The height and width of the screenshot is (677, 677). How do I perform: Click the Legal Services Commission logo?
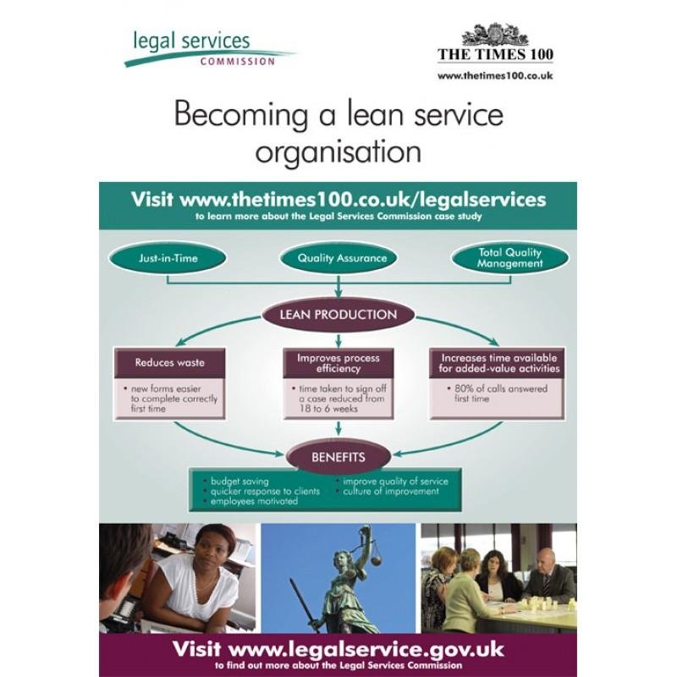click(209, 49)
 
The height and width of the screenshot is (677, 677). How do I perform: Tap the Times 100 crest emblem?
click(495, 35)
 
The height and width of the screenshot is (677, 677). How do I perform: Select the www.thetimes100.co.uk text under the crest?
click(495, 76)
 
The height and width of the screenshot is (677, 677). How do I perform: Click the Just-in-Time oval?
click(168, 258)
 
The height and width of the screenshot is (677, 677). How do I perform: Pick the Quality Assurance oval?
click(338, 258)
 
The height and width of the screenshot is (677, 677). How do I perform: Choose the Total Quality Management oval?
click(510, 258)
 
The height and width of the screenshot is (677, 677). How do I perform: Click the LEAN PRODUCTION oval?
click(338, 314)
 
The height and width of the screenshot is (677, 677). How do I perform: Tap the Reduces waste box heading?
click(170, 363)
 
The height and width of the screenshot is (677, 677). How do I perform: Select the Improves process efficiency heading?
click(338, 363)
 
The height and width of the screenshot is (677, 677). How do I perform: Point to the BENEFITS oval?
click(338, 457)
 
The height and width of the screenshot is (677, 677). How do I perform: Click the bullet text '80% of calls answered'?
click(501, 388)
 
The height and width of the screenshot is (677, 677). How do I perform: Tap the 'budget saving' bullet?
click(239, 482)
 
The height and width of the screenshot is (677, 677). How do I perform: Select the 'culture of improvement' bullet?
click(391, 492)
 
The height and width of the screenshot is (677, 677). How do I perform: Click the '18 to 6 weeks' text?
click(328, 409)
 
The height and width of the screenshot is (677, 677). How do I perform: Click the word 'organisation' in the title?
click(338, 152)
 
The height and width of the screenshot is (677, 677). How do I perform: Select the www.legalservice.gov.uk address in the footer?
click(366, 649)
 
